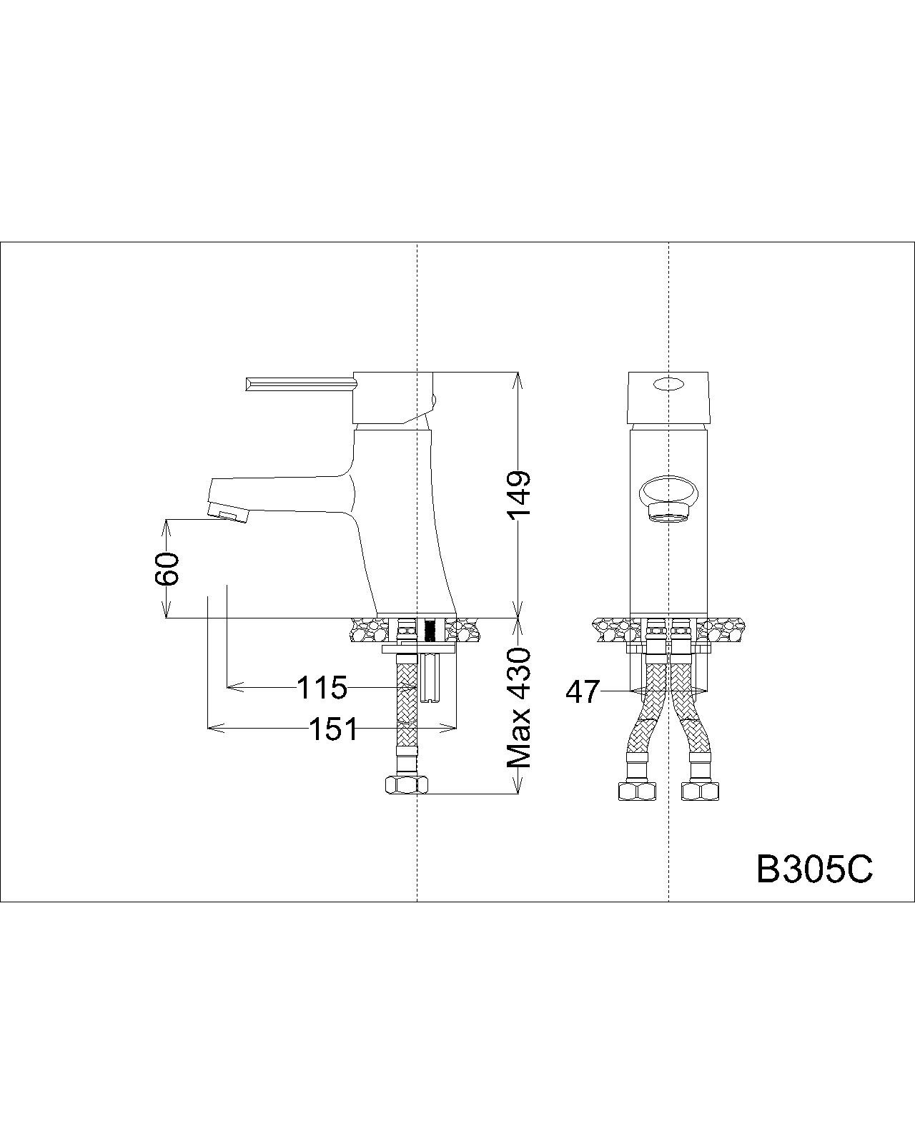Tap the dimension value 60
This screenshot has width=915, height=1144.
tap(167, 569)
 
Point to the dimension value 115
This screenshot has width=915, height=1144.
tap(322, 688)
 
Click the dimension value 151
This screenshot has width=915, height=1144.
tap(333, 729)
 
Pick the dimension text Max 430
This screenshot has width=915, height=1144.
tap(520, 708)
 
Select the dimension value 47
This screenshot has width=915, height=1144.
tap(582, 692)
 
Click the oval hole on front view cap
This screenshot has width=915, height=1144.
tap(668, 385)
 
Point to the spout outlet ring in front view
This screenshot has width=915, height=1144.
tap(668, 513)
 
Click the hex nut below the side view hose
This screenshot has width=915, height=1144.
tap(405, 785)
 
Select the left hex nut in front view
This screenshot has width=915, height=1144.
tap(637, 791)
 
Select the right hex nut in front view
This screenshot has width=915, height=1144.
tap(701, 791)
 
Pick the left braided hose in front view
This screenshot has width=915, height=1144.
tap(647, 715)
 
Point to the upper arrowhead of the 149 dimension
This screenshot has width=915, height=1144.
tap(518, 379)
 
